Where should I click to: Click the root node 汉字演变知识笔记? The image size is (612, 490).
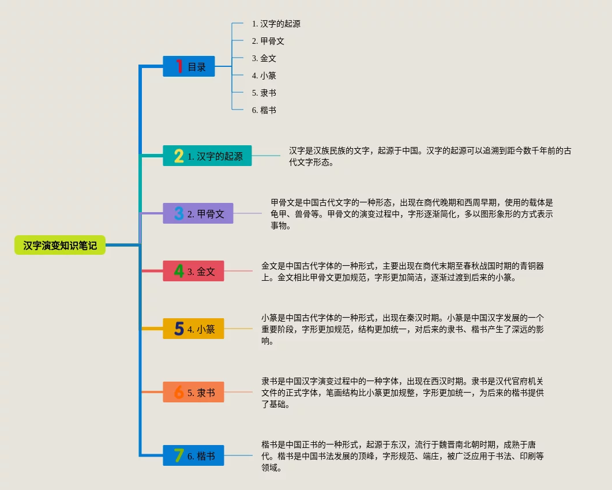(60, 245)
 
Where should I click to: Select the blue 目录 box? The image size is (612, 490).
(189, 66)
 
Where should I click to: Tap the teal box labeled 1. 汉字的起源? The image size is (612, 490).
(207, 156)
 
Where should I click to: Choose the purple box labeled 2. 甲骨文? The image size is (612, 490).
(198, 213)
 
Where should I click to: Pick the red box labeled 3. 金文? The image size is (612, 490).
(194, 271)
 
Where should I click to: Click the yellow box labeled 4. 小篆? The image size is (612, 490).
(194, 329)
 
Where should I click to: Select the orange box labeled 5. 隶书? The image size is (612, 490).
(194, 392)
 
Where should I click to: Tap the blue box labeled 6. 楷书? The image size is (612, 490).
(194, 455)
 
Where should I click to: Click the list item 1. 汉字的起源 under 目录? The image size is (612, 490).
(276, 24)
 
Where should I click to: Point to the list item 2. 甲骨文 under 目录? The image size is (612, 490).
(268, 41)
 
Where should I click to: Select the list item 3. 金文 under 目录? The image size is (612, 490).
(264, 58)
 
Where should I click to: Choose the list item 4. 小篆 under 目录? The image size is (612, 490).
(264, 76)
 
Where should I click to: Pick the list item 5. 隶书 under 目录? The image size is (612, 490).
(264, 93)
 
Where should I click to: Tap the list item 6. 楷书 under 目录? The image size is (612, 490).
(264, 110)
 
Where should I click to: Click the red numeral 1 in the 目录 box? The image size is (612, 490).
(179, 66)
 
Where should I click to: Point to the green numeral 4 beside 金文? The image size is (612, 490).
(179, 271)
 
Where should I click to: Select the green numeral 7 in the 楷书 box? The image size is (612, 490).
(179, 455)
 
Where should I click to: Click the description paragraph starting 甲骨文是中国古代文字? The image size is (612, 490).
(412, 214)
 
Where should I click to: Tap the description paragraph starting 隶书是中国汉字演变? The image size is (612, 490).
(403, 393)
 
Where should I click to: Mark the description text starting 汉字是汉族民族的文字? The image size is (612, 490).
(430, 156)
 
